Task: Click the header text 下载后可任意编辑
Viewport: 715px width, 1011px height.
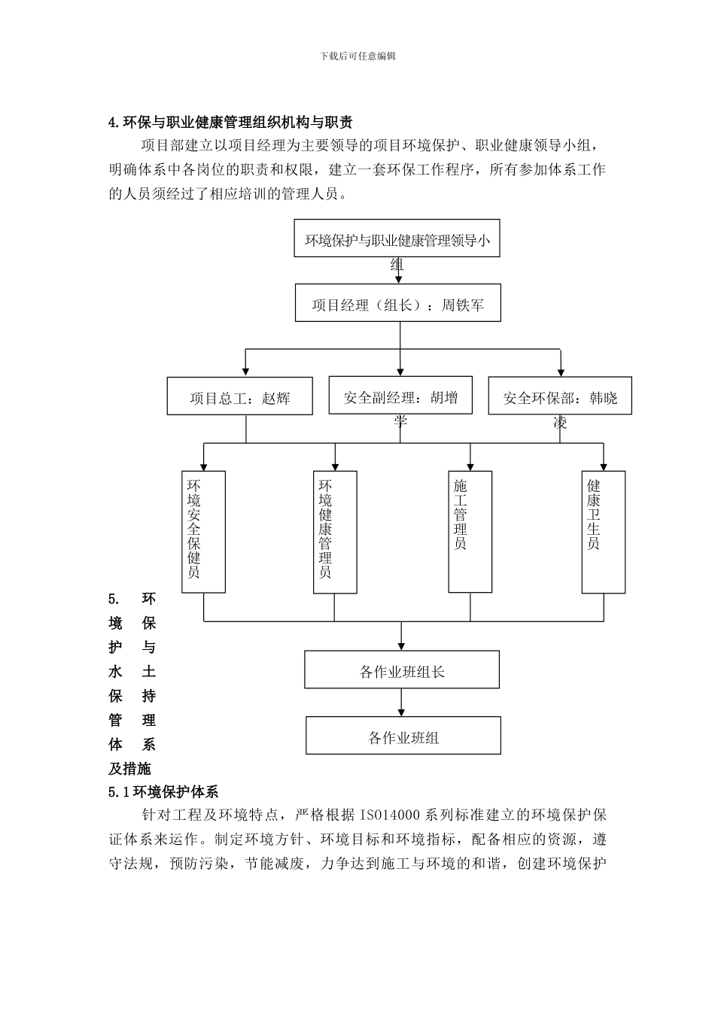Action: pos(357,56)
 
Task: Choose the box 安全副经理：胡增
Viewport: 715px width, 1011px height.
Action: pos(400,396)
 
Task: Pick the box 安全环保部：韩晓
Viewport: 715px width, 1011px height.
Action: pos(560,396)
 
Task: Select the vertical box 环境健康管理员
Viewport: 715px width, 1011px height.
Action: pos(335,531)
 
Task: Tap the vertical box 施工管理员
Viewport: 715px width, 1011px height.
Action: pos(470,530)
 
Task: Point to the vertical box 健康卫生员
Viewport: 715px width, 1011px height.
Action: pos(603,530)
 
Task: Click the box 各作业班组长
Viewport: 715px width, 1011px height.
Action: pos(402,669)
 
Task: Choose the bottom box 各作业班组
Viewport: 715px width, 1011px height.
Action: pos(403,736)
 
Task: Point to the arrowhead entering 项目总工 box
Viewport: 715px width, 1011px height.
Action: pos(245,371)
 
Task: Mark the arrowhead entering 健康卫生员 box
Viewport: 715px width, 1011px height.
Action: pos(603,466)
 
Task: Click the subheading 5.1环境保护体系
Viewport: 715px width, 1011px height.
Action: pos(163,791)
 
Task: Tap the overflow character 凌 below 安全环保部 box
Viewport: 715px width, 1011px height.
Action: pos(560,424)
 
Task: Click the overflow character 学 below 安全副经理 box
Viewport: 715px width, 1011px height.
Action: pos(400,421)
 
